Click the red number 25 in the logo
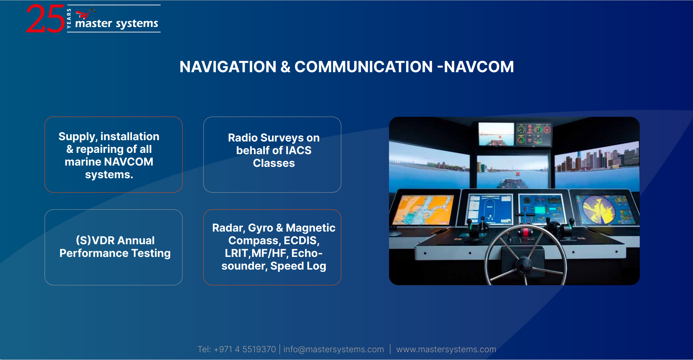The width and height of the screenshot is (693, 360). [x=45, y=19]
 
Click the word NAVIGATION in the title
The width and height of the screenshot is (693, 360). [x=228, y=67]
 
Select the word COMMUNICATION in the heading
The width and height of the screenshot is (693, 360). [x=364, y=67]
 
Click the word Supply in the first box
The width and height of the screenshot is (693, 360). [x=78, y=137]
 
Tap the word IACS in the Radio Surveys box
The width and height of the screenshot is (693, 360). [x=298, y=150]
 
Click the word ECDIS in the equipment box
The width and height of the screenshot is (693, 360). [x=301, y=240]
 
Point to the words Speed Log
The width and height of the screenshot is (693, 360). [x=298, y=266]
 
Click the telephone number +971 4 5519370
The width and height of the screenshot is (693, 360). [x=245, y=349]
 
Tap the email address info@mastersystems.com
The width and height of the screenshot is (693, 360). [x=334, y=349]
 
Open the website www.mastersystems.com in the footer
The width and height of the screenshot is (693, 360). [x=446, y=349]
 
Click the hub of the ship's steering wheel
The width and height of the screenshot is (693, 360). [x=524, y=265]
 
